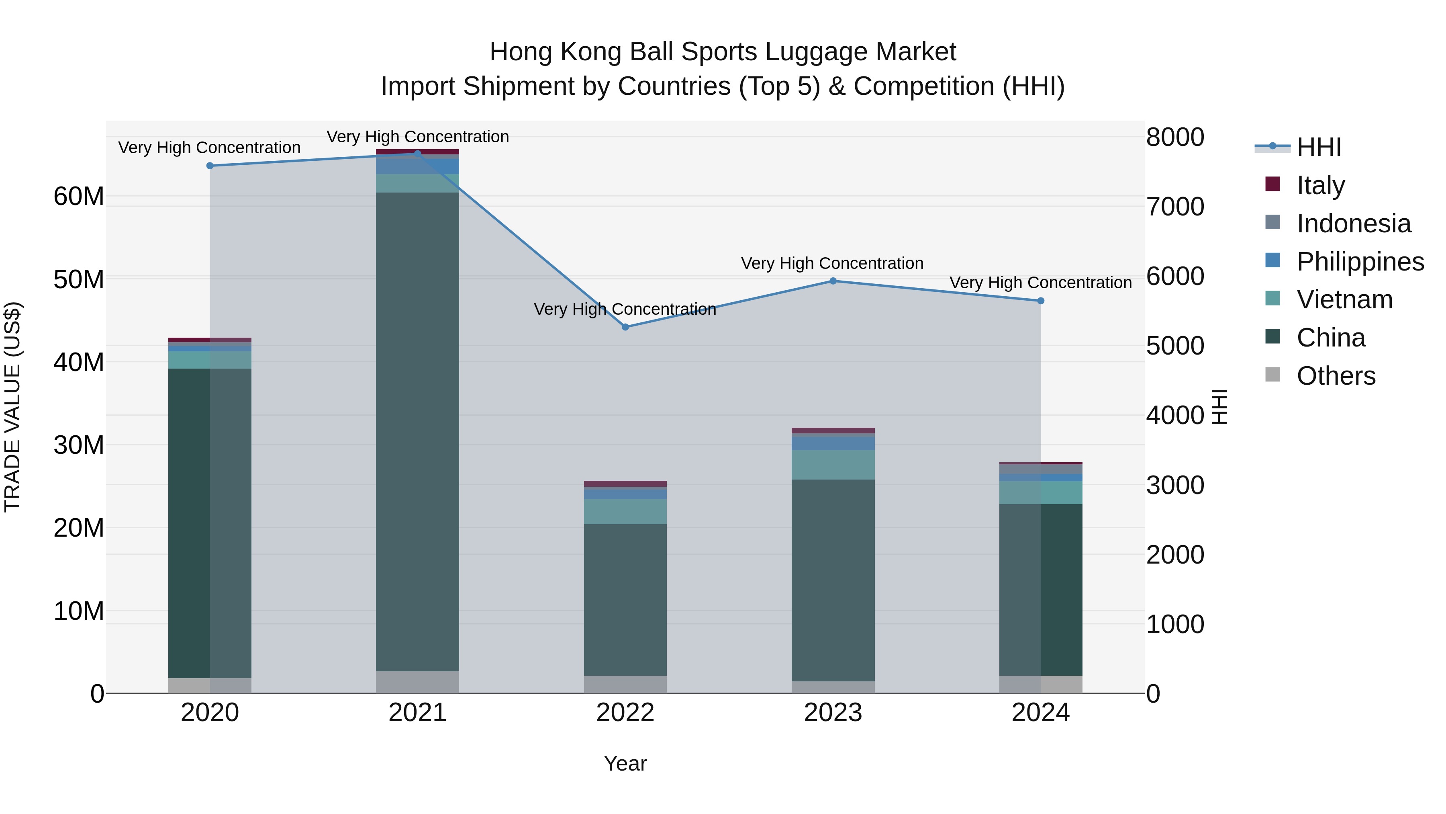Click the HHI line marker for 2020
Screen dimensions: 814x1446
pos(210,166)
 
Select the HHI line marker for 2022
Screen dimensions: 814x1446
pos(625,327)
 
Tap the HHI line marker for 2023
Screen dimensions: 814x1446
pos(833,281)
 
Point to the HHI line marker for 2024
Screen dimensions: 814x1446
pos(1041,301)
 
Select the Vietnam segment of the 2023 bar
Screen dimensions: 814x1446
pos(833,465)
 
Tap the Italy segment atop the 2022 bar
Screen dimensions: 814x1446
pos(625,484)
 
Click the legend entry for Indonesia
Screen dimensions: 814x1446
pos(1353,223)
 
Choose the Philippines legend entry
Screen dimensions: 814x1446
pos(1360,262)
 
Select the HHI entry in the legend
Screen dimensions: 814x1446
pos(1319,147)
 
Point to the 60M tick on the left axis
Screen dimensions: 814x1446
pos(79,197)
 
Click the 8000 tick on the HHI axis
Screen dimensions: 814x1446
pos(1175,137)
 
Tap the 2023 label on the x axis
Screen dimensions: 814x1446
pos(833,713)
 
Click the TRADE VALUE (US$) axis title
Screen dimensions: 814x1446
pos(12,407)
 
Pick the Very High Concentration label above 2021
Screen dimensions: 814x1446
pos(418,137)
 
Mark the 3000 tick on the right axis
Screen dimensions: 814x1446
pos(1175,485)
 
